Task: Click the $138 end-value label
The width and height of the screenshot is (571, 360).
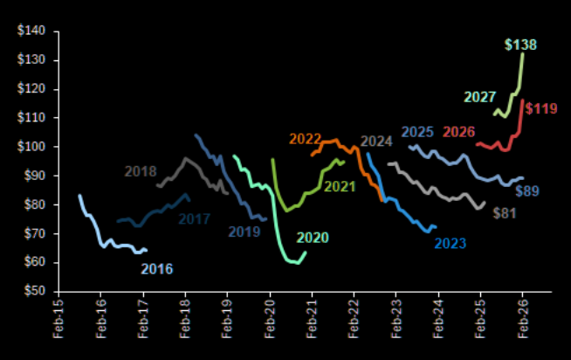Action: pyautogui.click(x=521, y=45)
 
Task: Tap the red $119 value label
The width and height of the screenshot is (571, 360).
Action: pyautogui.click(x=540, y=109)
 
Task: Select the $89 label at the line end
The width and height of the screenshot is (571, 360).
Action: pyautogui.click(x=528, y=191)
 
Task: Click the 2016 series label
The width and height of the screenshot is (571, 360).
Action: pyautogui.click(x=156, y=268)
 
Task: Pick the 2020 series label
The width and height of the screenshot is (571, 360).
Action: pyautogui.click(x=313, y=238)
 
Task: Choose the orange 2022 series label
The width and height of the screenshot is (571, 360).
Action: pyautogui.click(x=305, y=139)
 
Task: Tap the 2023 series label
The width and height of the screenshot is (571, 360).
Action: pyautogui.click(x=451, y=243)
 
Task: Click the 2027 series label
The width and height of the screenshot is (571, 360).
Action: pyautogui.click(x=479, y=96)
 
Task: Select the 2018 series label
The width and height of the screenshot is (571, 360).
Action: pyautogui.click(x=141, y=171)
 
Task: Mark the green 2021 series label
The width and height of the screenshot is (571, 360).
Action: pyautogui.click(x=340, y=186)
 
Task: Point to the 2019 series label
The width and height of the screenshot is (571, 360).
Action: pyautogui.click(x=244, y=232)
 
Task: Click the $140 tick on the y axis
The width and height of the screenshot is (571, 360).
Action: pyautogui.click(x=33, y=31)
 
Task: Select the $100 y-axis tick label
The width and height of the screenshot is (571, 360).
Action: pyautogui.click(x=33, y=147)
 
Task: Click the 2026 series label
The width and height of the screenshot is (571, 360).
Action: pyautogui.click(x=458, y=133)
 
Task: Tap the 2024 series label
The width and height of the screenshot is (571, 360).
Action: pyautogui.click(x=375, y=142)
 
